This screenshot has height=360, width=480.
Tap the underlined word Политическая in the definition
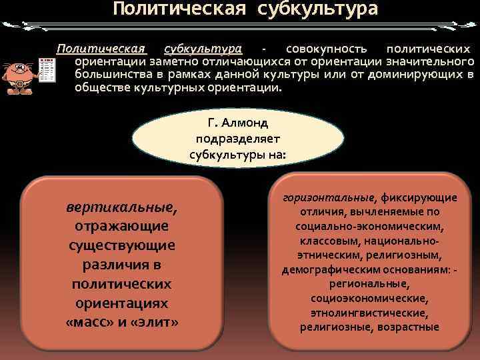[101, 49]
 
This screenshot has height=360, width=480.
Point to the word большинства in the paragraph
[108, 75]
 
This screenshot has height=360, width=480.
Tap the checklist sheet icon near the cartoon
[47, 70]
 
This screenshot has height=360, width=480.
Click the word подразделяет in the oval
[239, 139]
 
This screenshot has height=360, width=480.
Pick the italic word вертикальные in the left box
[121, 207]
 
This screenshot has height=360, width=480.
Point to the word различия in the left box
[121, 265]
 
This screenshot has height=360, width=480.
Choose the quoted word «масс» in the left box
[90, 323]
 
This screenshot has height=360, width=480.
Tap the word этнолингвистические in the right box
[369, 313]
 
